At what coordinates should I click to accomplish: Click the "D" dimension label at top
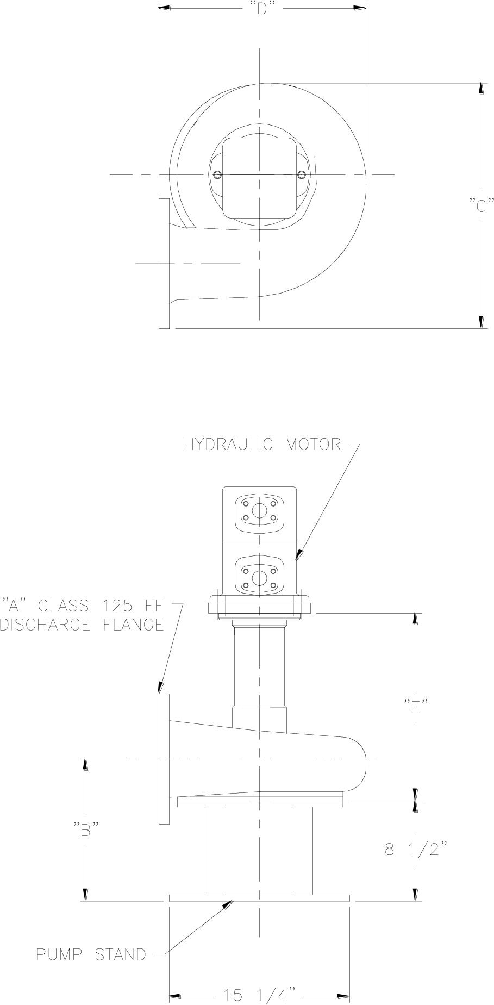pos(262,9)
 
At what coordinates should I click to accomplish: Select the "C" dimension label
pos(481,207)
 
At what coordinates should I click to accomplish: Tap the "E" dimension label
pos(416,707)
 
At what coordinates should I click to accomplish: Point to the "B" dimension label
pos(86,830)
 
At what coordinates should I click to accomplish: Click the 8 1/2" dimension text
pos(416,850)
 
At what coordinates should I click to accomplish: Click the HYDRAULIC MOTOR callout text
pos(262,444)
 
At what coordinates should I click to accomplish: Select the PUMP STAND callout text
pos(91,954)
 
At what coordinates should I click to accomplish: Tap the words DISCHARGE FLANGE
pos(82,625)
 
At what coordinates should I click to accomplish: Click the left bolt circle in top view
pos(218,174)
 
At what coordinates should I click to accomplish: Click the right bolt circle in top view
pos(302,174)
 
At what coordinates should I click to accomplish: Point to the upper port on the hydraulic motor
pos(259,511)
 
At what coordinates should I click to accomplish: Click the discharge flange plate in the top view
pos(164,263)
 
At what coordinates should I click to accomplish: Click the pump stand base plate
pos(259,898)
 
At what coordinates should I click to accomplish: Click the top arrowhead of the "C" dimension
pos(480,89)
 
